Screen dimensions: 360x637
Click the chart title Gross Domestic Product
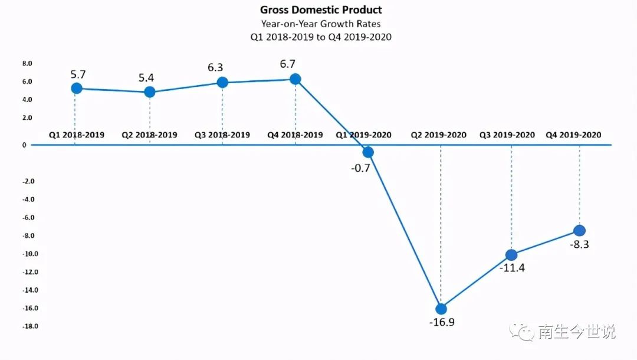[x=321, y=10]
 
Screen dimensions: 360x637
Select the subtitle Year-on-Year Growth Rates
[x=321, y=24]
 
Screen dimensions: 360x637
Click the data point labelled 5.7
[x=75, y=89]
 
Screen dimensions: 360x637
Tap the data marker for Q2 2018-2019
[x=150, y=92]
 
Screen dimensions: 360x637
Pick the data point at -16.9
[x=441, y=309]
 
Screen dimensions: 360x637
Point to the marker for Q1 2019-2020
[x=368, y=152]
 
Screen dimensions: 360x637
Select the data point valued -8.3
[x=579, y=230]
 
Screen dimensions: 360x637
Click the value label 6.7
[x=295, y=64]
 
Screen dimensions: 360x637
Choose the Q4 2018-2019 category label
[x=295, y=135]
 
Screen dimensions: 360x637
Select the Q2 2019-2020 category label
[x=439, y=135]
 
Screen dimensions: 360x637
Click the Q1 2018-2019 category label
[x=77, y=135]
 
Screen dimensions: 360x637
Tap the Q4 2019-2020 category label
[x=573, y=135]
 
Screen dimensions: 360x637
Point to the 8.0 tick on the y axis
[x=27, y=63]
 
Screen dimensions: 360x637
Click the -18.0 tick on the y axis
[x=29, y=326]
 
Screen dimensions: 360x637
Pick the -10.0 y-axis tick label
[x=29, y=254]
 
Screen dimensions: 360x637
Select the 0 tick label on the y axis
[x=24, y=145]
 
